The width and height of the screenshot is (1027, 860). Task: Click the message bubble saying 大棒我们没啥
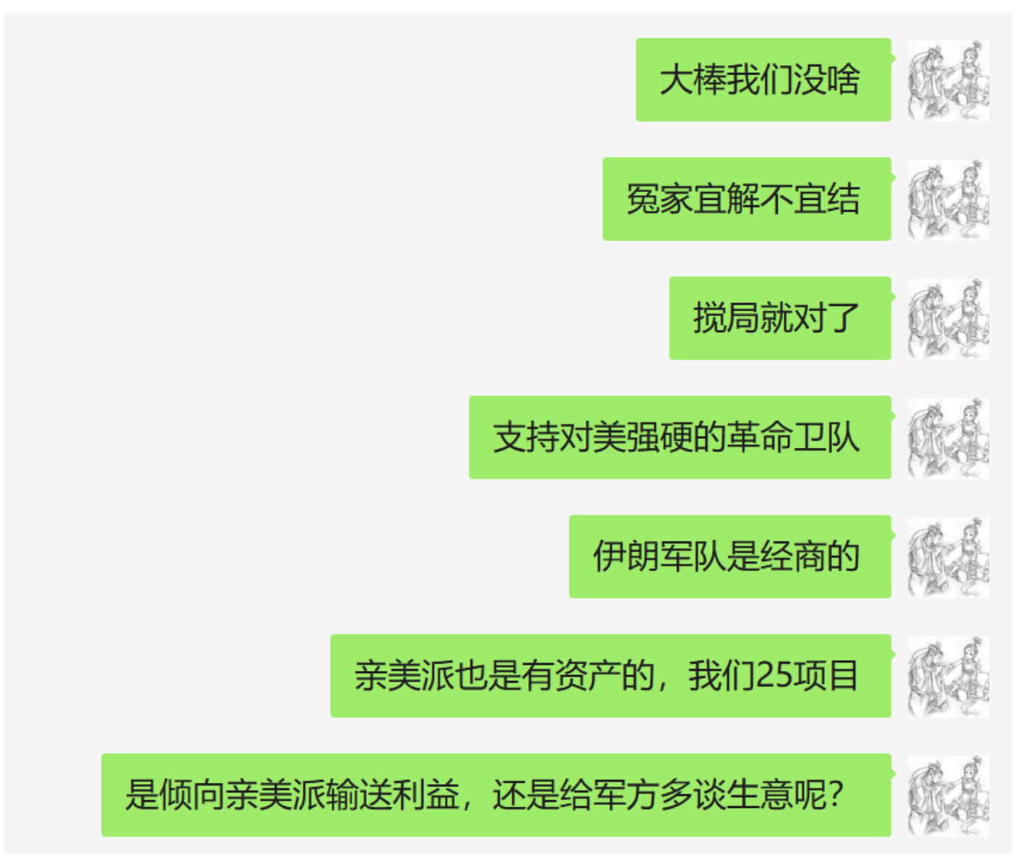click(x=763, y=79)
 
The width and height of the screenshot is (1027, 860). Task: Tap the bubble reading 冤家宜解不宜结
click(x=746, y=199)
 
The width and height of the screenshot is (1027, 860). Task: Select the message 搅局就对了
click(x=779, y=318)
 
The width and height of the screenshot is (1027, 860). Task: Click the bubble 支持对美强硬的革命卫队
click(x=679, y=437)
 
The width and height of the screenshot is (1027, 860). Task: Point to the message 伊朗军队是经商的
click(x=729, y=556)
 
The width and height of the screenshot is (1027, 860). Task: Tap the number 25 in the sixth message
click(x=774, y=676)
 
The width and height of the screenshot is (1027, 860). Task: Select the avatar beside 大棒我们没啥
click(x=948, y=80)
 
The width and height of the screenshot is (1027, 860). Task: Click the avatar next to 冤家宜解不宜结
click(x=948, y=199)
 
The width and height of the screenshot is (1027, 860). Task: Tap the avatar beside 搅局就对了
click(x=948, y=318)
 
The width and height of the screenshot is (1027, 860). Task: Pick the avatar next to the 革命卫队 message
click(x=948, y=438)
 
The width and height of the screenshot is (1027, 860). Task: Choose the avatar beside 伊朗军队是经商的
click(x=948, y=557)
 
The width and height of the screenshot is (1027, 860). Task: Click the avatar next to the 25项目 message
click(x=948, y=676)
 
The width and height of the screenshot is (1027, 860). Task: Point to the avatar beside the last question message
click(x=948, y=795)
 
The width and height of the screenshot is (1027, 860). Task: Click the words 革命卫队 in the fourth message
click(x=793, y=437)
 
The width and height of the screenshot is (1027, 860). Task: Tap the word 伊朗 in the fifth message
click(x=626, y=556)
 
